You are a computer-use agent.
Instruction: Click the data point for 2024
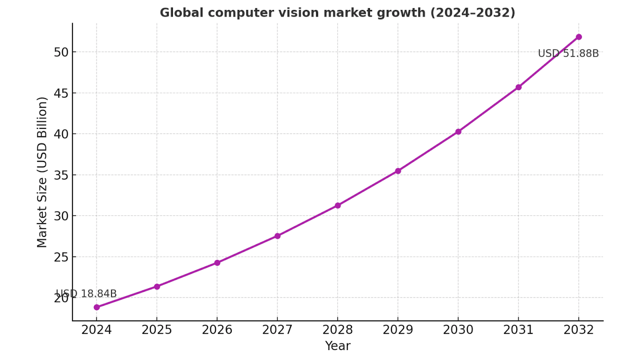tap(97, 307)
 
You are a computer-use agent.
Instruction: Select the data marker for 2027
tap(278, 236)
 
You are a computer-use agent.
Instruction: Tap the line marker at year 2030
tap(458, 132)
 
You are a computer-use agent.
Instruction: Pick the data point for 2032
tap(579, 37)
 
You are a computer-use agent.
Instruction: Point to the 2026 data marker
tap(217, 263)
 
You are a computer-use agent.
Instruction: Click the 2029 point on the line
tap(398, 171)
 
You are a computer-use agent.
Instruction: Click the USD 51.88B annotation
tap(568, 54)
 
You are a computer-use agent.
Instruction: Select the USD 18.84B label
tap(86, 294)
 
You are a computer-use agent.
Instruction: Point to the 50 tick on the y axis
tap(61, 52)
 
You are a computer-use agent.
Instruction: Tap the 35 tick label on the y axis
tap(61, 175)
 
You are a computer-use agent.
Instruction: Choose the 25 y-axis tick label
tap(61, 257)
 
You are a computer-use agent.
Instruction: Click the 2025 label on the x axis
tap(157, 330)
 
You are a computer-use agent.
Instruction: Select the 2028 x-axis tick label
tap(338, 330)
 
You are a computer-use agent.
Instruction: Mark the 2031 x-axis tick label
tap(518, 330)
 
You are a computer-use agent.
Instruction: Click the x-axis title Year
tap(338, 346)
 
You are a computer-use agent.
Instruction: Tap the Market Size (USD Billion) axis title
tap(42, 172)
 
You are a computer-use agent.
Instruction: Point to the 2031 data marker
tap(518, 87)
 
